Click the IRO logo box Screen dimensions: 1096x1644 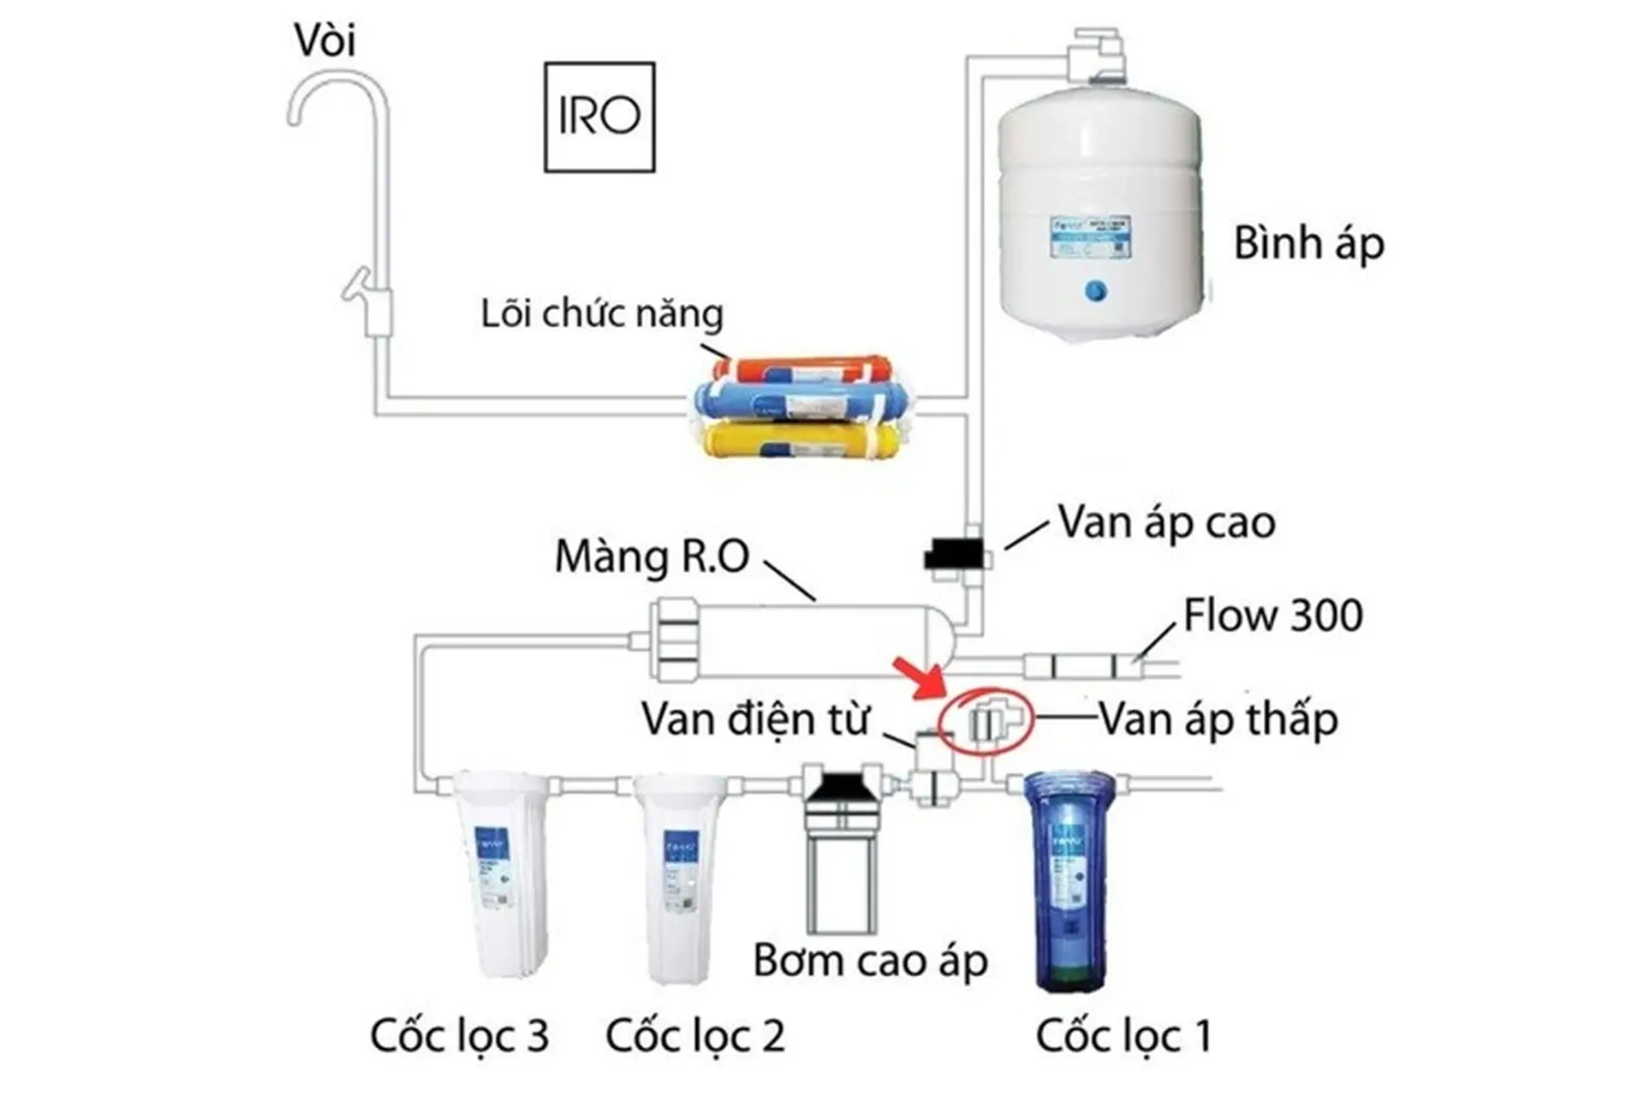click(599, 116)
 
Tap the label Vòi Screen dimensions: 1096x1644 click(325, 40)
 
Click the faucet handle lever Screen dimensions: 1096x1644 click(357, 284)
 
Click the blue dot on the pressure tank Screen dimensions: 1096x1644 click(1095, 291)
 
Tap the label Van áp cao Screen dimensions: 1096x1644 click(1166, 522)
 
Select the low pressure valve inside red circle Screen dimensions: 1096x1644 click(986, 721)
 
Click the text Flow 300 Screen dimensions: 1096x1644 click(1272, 615)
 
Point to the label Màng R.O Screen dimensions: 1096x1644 click(652, 557)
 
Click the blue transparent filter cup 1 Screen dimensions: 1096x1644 click(1069, 882)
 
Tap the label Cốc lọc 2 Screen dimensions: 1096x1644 click(694, 1035)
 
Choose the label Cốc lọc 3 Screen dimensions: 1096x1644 click(459, 1035)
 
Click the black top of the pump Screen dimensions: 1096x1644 click(843, 786)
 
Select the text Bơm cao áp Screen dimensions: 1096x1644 click(870, 961)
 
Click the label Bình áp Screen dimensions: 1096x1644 click(1308, 244)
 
